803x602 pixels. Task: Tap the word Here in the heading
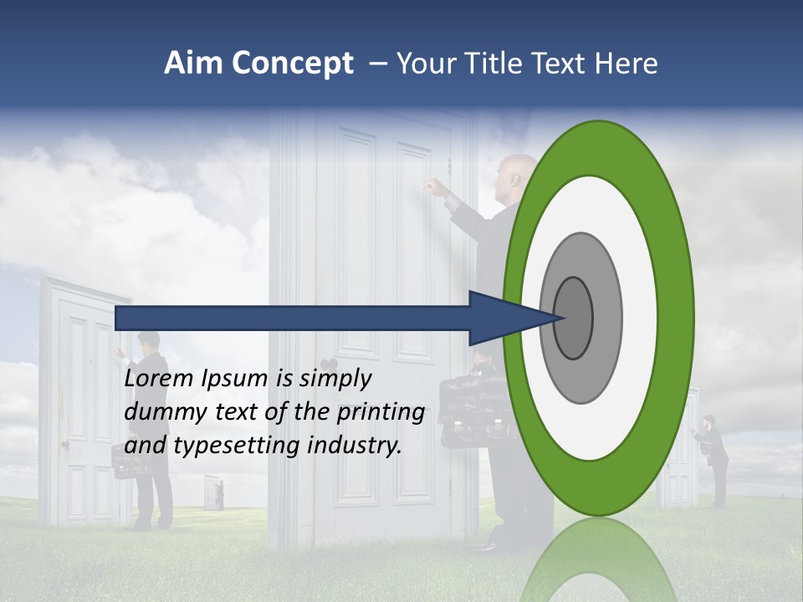[x=626, y=64]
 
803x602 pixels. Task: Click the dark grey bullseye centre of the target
[x=573, y=318]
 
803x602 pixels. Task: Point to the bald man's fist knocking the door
[x=432, y=186]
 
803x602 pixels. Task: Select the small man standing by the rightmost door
[x=715, y=456]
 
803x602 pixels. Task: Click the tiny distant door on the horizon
[x=213, y=492]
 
